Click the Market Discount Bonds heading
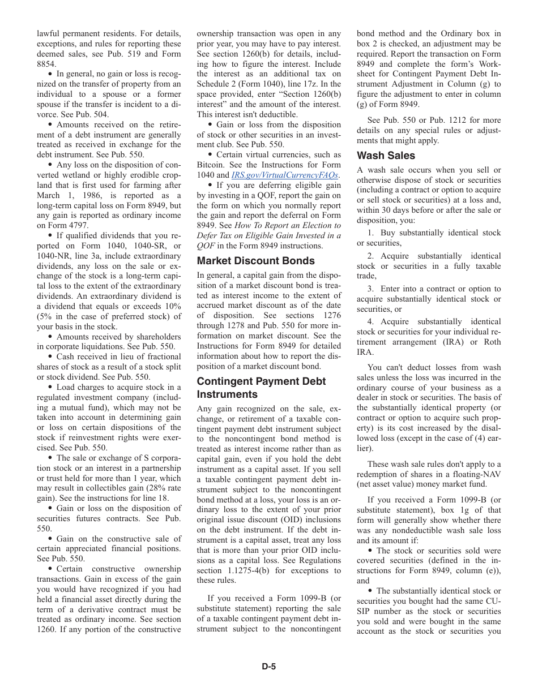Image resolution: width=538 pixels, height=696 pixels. (x=255, y=261)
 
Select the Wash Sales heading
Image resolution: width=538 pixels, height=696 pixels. (x=386, y=156)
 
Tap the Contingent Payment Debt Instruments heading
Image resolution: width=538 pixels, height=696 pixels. (x=261, y=388)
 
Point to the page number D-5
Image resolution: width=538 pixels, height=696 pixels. (x=268, y=667)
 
